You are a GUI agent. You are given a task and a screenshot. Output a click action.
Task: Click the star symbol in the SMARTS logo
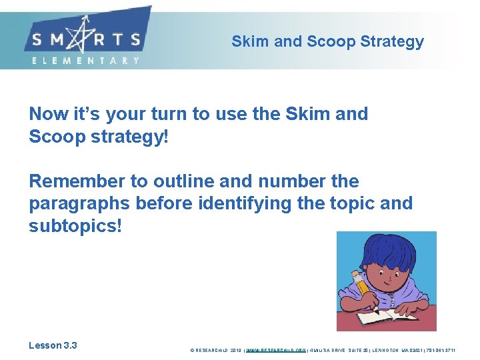tap(85, 38)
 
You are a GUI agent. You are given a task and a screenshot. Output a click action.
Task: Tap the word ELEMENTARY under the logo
tap(85, 60)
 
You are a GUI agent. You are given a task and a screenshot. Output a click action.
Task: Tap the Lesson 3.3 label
tap(53, 345)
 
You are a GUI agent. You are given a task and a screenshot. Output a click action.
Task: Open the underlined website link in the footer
tap(276, 349)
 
